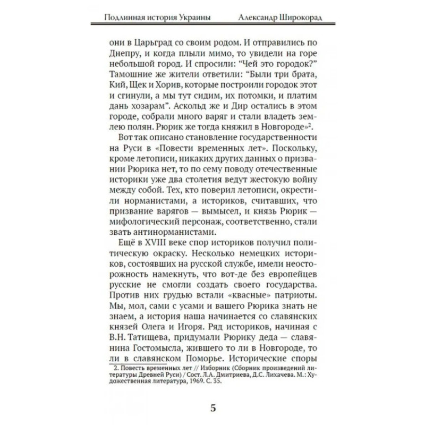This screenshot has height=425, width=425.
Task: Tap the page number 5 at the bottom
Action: pyautogui.click(x=212, y=409)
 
